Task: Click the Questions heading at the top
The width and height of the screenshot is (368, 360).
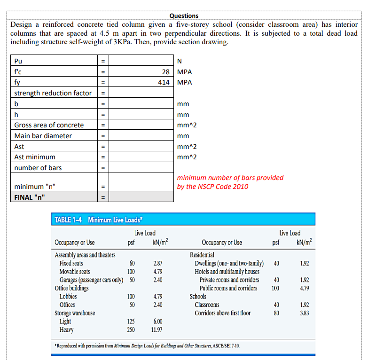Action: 184,16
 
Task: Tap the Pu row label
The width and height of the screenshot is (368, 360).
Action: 18,61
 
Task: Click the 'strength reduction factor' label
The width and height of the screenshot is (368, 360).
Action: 53,93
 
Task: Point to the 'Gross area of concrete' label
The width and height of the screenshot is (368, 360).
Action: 49,125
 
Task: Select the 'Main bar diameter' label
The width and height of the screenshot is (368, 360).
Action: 43,136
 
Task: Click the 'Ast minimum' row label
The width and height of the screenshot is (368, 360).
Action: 34,157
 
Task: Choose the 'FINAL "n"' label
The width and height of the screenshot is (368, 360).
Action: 30,197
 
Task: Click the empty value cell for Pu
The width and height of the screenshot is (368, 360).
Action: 141,61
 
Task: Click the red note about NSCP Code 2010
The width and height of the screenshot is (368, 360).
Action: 230,182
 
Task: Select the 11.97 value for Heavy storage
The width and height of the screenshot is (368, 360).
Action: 157,329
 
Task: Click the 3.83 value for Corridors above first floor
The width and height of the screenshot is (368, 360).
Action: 304,313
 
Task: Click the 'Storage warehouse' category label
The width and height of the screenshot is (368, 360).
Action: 75,313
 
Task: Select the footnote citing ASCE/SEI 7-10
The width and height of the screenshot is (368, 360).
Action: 147,346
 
